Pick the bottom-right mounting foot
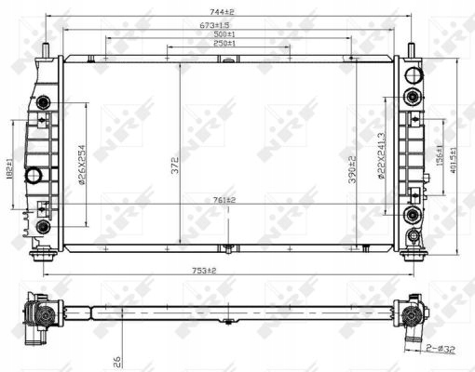coord(410,253)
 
